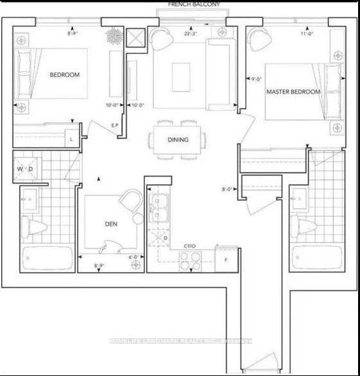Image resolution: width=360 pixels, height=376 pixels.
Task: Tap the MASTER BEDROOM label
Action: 293,92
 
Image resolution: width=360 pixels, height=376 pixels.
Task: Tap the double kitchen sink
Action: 159,206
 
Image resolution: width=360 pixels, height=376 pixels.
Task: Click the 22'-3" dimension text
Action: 191,34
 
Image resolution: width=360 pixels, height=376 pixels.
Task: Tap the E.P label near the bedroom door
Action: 116,124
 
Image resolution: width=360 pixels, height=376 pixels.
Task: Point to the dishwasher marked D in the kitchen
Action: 165,239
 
